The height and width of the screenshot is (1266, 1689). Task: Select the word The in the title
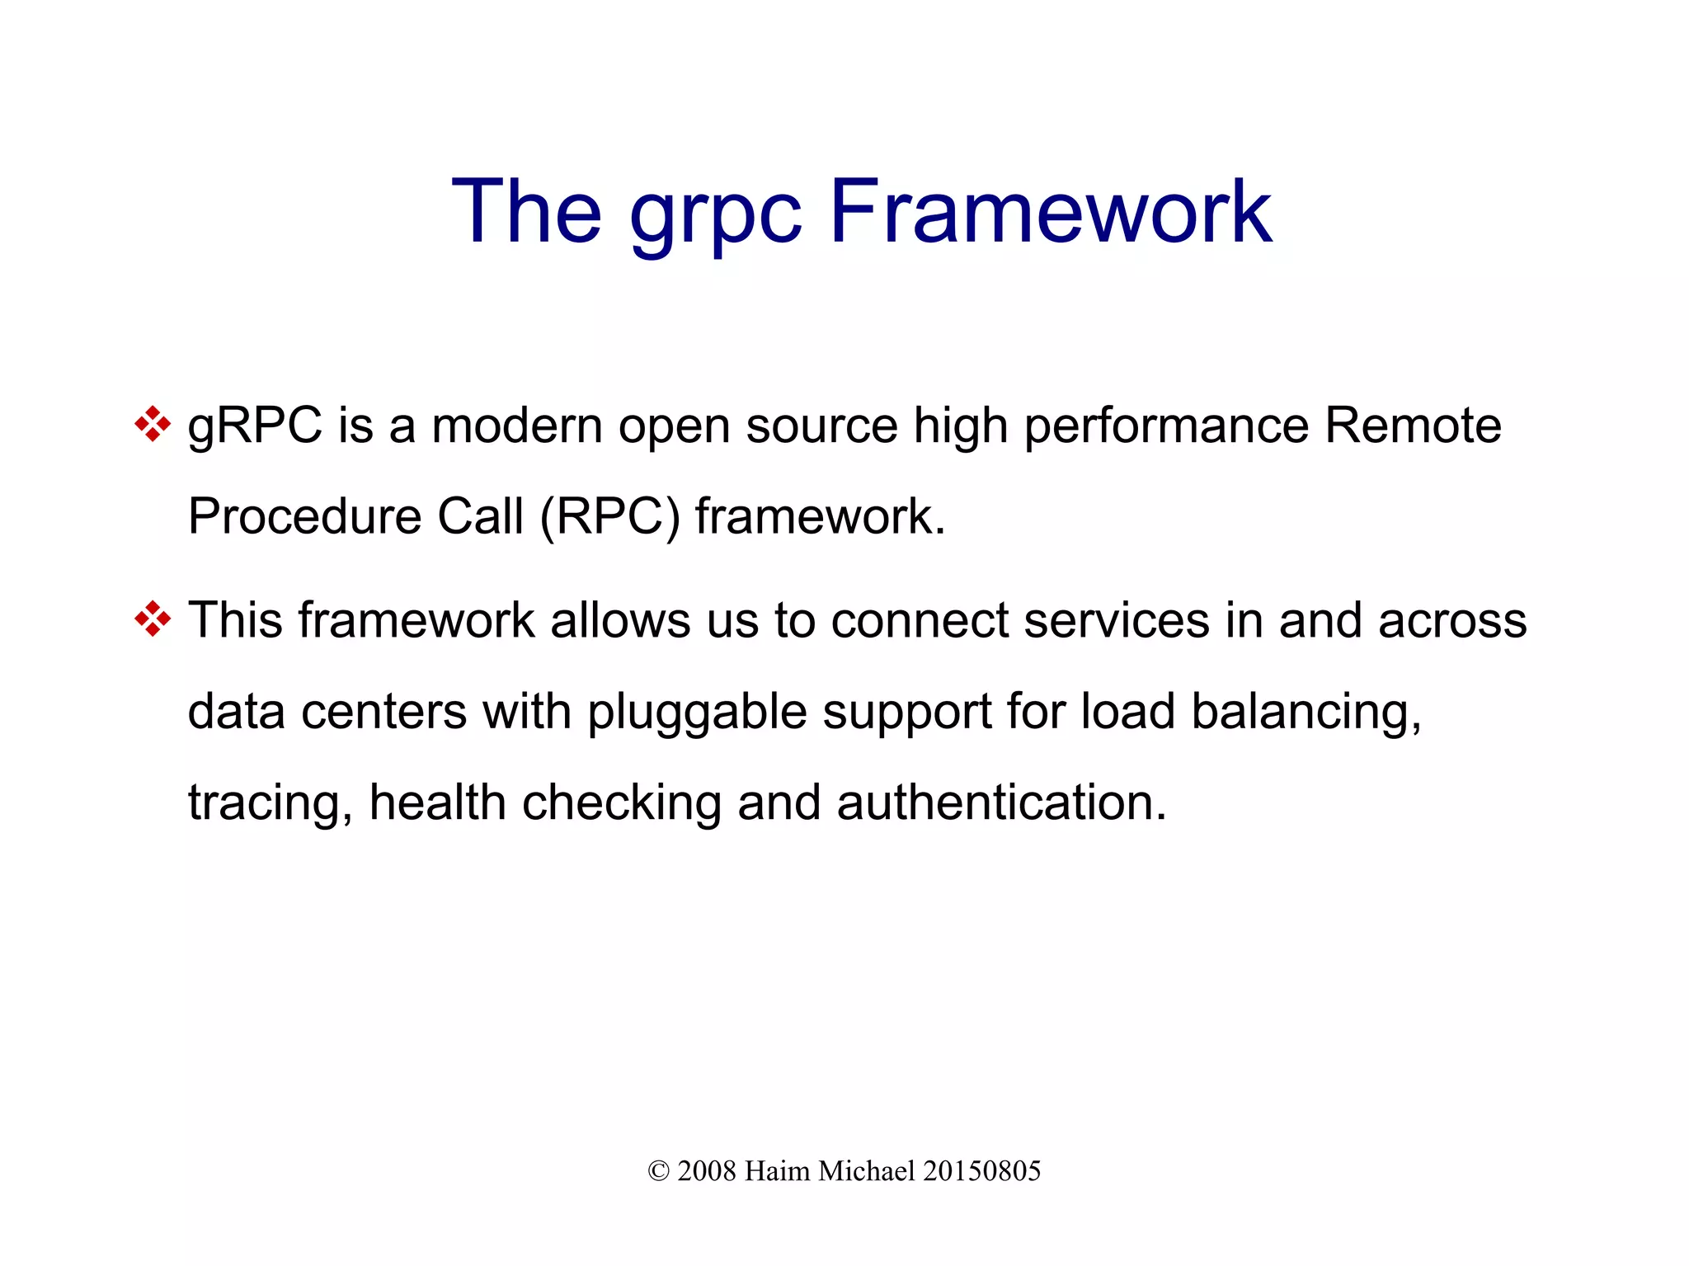click(526, 213)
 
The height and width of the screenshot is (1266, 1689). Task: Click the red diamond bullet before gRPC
click(153, 425)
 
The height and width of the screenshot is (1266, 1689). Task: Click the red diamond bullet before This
click(153, 619)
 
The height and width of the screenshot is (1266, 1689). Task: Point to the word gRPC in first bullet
click(255, 427)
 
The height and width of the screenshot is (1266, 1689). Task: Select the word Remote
click(1413, 426)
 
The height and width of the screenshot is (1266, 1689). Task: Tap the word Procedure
click(304, 517)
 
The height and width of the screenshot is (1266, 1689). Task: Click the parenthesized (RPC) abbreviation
click(610, 518)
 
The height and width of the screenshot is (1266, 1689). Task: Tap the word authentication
click(1001, 802)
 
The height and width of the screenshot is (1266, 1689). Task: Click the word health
click(437, 802)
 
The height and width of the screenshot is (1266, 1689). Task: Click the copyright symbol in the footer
click(658, 1171)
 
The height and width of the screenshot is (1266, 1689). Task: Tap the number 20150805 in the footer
click(981, 1171)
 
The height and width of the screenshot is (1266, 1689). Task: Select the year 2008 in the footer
click(706, 1171)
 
